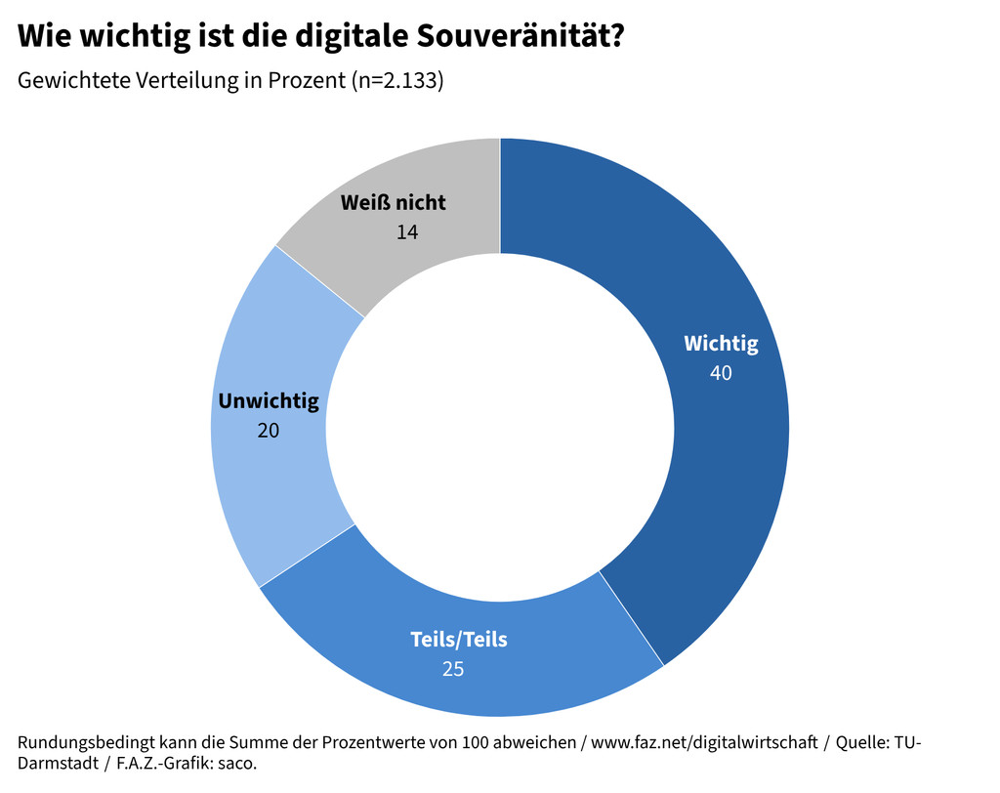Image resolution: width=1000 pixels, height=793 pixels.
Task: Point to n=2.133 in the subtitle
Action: [x=397, y=81]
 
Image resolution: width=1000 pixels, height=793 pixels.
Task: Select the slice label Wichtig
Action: [x=721, y=344]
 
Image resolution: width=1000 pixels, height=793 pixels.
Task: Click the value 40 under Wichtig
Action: [x=721, y=372]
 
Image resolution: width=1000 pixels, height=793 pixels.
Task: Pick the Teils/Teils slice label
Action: [x=459, y=641]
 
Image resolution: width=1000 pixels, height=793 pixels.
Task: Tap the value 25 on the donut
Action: [x=452, y=669]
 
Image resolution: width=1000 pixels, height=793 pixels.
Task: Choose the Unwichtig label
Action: [x=269, y=401]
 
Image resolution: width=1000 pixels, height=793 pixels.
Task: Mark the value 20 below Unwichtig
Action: [x=268, y=430]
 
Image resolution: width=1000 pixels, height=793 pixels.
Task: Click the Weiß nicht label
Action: [x=394, y=203]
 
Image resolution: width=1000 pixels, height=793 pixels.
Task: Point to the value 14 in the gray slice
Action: [x=407, y=231]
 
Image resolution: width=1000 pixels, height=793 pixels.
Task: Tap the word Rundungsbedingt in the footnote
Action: [x=79, y=742]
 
